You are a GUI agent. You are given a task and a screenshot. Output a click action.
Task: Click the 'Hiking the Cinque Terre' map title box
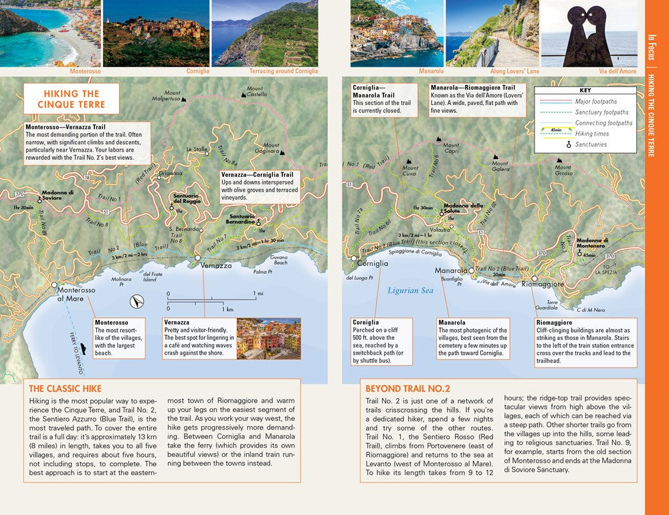(71, 99)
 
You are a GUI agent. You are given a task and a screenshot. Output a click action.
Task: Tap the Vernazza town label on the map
(216, 265)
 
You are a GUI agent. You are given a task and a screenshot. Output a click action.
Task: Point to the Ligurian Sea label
(410, 291)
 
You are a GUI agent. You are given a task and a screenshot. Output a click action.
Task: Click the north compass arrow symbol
(136, 302)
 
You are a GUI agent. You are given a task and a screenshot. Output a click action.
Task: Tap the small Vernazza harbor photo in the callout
(268, 338)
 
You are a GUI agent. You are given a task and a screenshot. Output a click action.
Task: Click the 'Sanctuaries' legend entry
(591, 144)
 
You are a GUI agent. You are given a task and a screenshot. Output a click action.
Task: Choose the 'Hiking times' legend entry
(593, 134)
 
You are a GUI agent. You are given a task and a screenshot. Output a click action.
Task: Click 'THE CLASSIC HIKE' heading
(65, 389)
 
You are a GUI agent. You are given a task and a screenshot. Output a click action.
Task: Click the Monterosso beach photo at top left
(50, 33)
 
